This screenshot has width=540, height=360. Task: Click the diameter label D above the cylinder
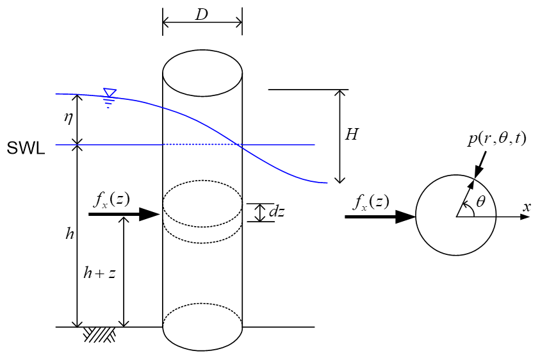click(x=202, y=15)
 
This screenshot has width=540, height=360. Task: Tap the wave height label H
click(x=352, y=135)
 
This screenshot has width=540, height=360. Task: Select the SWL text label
click(x=26, y=149)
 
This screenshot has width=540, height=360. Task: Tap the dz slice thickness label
click(x=277, y=212)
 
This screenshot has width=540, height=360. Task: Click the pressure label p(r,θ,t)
click(x=496, y=138)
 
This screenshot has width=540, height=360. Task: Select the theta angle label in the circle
click(x=481, y=201)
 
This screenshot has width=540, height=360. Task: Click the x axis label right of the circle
click(x=527, y=206)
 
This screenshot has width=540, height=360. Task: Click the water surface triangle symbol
click(x=110, y=94)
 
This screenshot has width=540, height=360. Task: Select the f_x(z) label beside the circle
click(x=371, y=202)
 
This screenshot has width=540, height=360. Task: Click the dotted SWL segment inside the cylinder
click(x=202, y=145)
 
